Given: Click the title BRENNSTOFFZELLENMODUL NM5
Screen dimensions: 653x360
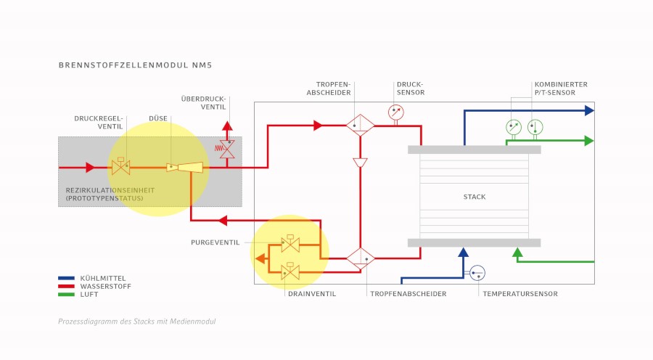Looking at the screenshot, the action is tap(136, 65).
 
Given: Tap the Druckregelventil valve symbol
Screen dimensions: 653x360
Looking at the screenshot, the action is tap(120, 166).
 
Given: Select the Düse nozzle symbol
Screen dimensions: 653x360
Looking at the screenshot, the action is tap(185, 168).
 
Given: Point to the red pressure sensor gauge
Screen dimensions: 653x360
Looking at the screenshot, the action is tap(396, 112).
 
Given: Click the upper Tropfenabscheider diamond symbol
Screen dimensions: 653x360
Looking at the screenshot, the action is tap(360, 125).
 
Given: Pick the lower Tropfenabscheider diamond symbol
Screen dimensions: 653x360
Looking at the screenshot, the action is tap(360, 258).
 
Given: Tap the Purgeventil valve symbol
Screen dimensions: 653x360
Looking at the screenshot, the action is tap(290, 243).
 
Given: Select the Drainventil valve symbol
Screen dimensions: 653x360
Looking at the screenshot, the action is tap(290, 271).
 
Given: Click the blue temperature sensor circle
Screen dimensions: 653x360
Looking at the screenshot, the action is tap(477, 273).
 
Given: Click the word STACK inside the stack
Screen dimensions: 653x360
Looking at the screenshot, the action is tap(475, 197).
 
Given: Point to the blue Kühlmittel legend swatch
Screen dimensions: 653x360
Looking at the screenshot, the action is tap(66, 278).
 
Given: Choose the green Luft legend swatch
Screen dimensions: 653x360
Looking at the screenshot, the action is tap(66, 294).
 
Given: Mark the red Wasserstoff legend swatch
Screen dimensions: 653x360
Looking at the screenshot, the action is tap(66, 286).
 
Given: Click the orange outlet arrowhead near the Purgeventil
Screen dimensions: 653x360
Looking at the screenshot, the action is tap(260, 258).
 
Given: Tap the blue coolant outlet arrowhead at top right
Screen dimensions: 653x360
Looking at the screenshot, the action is tap(589, 110).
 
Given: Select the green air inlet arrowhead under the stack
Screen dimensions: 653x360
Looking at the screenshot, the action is tap(517, 252).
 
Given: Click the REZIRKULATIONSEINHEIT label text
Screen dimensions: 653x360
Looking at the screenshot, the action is tap(110, 190).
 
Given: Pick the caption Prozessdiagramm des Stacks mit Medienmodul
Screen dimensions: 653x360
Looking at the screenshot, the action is tap(136, 322).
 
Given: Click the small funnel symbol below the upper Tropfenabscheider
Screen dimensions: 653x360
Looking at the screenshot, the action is tap(360, 163).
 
